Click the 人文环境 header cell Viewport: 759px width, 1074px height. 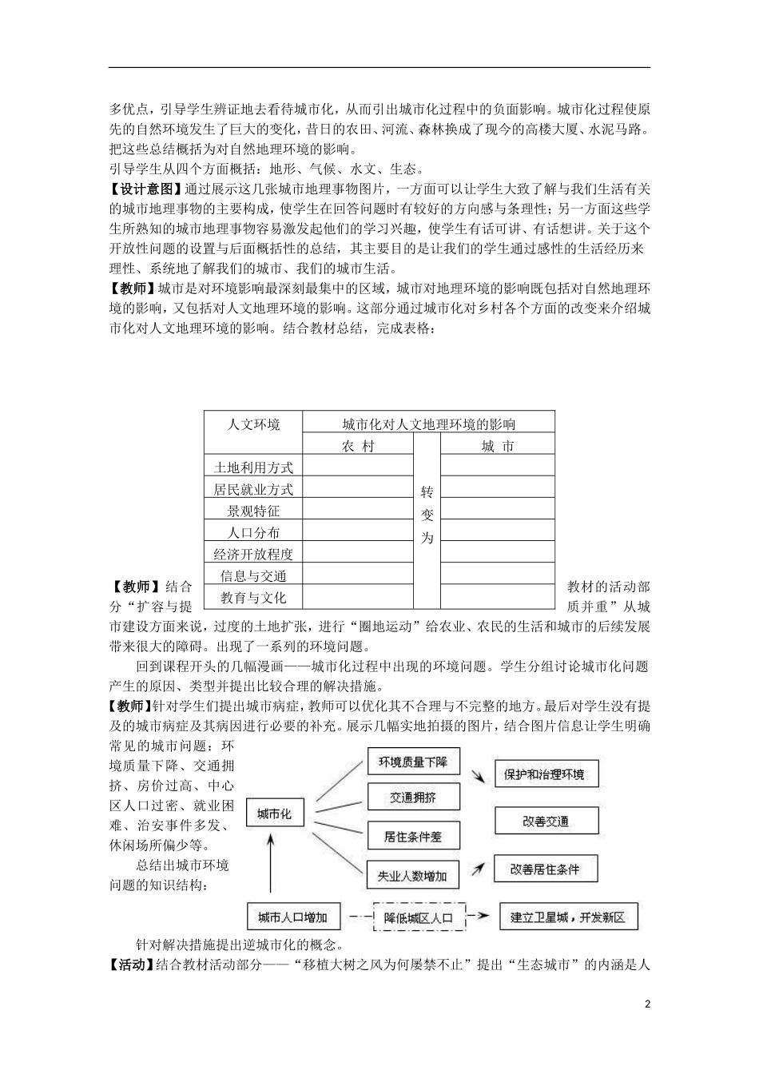click(253, 424)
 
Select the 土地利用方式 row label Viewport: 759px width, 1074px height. click(253, 467)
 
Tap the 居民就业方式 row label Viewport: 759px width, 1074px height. click(253, 489)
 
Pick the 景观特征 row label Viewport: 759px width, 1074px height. click(253, 511)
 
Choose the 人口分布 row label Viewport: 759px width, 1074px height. click(253, 532)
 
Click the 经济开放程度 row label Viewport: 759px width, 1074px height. click(253, 554)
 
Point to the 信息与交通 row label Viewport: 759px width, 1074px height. click(253, 575)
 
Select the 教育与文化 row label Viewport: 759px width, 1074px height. click(253, 598)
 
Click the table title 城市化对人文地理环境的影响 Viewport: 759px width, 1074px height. click(428, 424)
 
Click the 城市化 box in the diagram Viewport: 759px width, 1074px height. click(274, 814)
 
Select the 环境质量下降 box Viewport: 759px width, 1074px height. click(413, 762)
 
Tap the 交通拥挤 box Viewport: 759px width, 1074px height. click(413, 798)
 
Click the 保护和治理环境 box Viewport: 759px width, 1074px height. click(544, 774)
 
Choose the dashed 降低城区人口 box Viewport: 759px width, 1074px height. click(419, 917)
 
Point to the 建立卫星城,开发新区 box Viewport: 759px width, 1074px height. click(568, 917)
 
